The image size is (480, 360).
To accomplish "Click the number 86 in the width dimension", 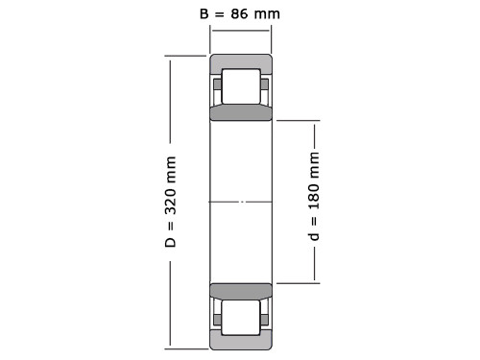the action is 239,13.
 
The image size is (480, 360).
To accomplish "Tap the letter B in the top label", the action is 204,13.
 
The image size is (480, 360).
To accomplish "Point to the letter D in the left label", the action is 171,242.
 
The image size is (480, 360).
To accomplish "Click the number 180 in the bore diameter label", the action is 314,196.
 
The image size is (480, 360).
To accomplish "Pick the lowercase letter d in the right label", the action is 314,235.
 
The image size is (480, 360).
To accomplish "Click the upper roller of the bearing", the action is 241,86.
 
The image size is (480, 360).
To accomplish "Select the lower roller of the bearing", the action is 241,318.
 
